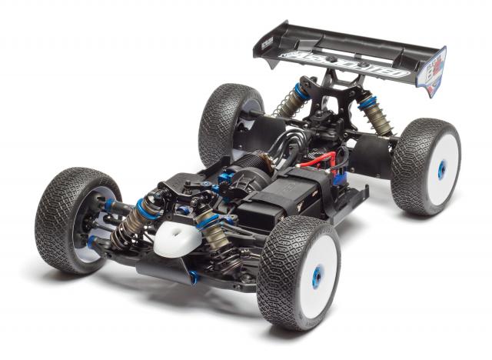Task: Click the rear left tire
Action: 223,123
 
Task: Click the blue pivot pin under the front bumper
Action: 194,275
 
